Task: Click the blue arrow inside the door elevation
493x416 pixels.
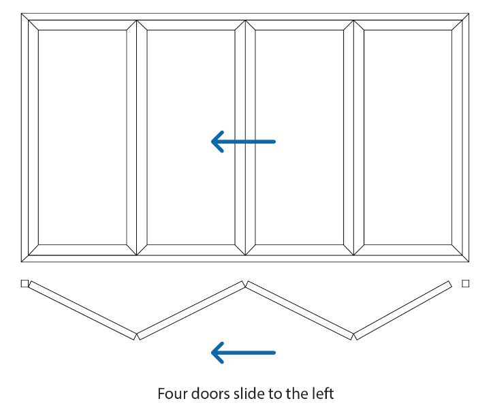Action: pos(243,142)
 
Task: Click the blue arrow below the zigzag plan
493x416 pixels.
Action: pos(243,353)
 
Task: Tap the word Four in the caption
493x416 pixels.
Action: pos(172,394)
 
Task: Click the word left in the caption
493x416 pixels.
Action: pos(323,394)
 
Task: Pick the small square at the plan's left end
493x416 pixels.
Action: pos(25,284)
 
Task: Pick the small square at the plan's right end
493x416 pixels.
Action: pos(466,284)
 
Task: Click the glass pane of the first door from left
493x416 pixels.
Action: pos(82,138)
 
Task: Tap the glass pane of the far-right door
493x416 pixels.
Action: pos(408,138)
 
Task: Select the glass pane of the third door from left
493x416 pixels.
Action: pos(300,138)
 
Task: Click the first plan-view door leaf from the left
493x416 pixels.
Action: pos(82,310)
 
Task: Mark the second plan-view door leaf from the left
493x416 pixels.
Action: pos(191,310)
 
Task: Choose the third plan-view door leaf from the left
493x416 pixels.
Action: pos(300,310)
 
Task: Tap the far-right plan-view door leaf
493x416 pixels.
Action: pos(402,310)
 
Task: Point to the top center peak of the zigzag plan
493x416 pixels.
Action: pos(245,283)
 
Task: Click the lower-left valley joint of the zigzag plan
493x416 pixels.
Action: pos(136,336)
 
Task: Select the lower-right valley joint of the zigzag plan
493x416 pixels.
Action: pos(353,336)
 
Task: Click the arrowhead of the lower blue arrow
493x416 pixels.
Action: pos(218,353)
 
